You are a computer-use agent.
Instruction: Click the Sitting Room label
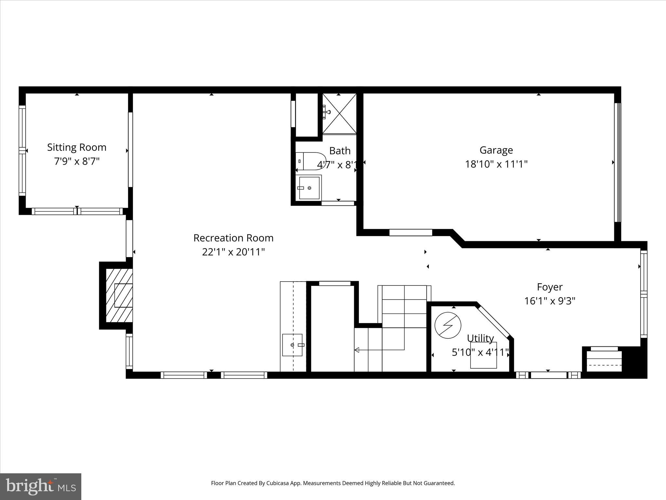tap(77, 147)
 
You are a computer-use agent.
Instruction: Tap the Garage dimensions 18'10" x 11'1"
tap(496, 164)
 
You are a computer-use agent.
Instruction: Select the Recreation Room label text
tap(233, 238)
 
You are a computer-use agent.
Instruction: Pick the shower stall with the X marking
tap(339, 113)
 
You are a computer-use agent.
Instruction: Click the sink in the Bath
tap(309, 188)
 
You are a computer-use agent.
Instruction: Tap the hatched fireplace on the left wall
tap(119, 296)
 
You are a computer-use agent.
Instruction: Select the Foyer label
tap(550, 287)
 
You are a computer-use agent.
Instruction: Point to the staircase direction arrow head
tap(356, 350)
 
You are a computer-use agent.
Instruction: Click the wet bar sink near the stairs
tap(292, 345)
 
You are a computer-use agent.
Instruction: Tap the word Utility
tap(480, 339)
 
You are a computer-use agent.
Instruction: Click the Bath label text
tap(340, 151)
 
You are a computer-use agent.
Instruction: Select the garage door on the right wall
tap(617, 162)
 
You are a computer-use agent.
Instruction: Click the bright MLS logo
tap(41, 486)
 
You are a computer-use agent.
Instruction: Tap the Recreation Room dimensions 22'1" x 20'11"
tap(233, 252)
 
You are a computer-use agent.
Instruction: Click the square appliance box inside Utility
tap(483, 355)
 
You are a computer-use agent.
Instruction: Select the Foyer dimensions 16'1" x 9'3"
tap(550, 301)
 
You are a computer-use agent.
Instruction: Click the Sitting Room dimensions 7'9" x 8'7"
tap(77, 161)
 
